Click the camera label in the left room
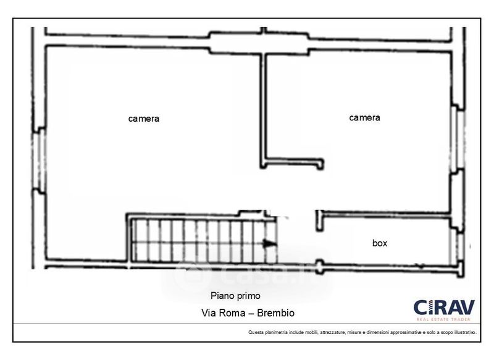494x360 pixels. [144, 119]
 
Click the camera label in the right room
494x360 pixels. [364, 117]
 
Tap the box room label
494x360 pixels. [380, 243]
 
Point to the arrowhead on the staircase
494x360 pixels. [270, 244]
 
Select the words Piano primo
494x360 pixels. [235, 296]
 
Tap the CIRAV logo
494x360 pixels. [443, 307]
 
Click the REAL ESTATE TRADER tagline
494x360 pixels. [443, 319]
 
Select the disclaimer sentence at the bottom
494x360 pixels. [362, 332]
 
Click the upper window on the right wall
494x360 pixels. [458, 137]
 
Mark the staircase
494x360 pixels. [201, 239]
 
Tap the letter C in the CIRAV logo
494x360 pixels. [421, 307]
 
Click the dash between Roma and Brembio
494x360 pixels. [251, 313]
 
